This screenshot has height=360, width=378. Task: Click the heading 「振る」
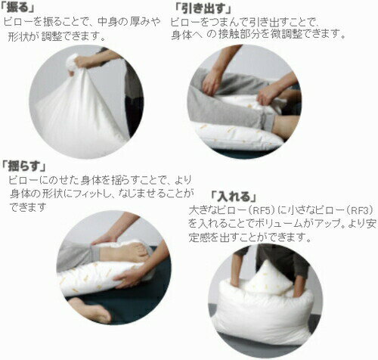pyautogui.click(x=17, y=8)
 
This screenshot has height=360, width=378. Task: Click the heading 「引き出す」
pyautogui.click(x=203, y=9)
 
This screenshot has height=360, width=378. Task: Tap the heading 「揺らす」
pyautogui.click(x=24, y=166)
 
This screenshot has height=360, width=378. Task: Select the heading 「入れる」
pyautogui.click(x=234, y=197)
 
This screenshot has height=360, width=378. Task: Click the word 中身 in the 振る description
pyautogui.click(x=107, y=22)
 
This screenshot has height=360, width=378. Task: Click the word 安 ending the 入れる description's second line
pyautogui.click(x=371, y=223)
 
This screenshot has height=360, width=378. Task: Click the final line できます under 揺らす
pyautogui.click(x=28, y=207)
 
